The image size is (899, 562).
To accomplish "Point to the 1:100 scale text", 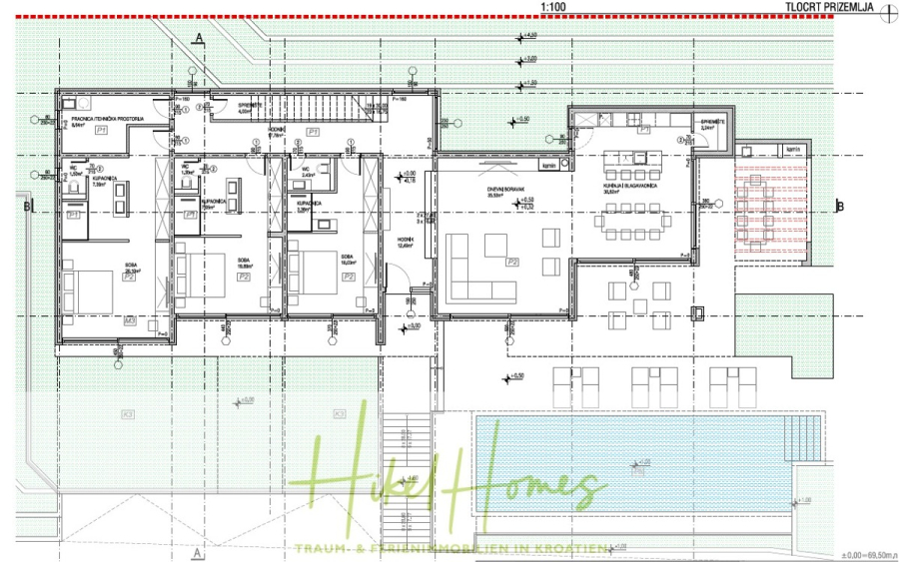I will click(554, 7).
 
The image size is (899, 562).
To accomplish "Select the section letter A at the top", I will click(200, 38).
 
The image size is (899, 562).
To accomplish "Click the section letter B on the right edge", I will click(840, 207).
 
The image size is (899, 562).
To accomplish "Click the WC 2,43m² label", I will click(308, 172).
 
